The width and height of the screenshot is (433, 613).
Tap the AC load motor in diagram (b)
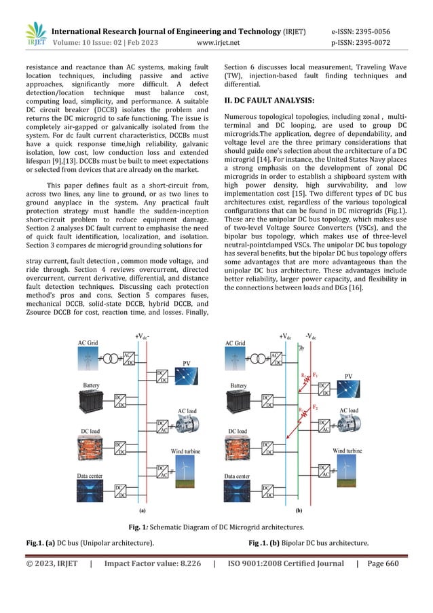(348, 430)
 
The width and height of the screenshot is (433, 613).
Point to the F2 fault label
(315, 406)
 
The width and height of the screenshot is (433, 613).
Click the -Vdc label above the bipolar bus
(312, 335)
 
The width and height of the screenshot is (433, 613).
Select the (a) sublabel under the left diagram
(143, 508)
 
